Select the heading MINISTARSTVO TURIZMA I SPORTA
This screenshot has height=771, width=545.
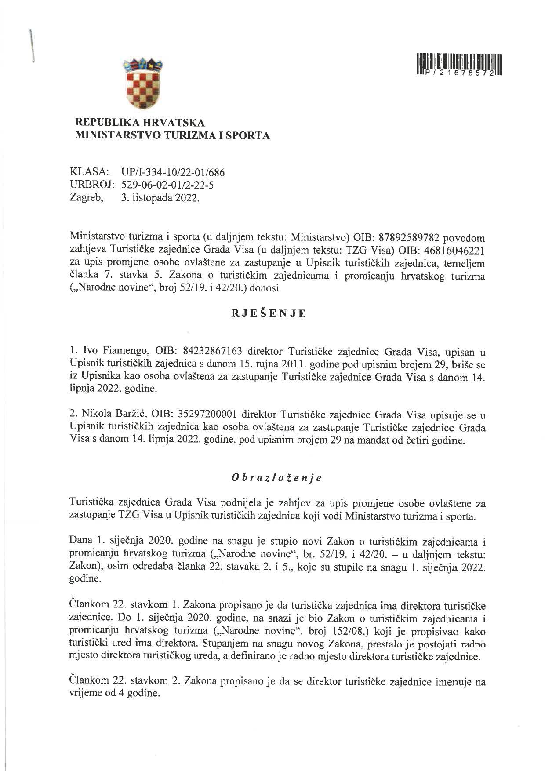point(173,136)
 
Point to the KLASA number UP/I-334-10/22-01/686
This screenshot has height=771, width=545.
point(173,172)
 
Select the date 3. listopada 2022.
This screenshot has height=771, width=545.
point(160,198)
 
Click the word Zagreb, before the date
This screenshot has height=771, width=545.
point(87,198)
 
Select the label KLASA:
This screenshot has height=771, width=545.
point(88,172)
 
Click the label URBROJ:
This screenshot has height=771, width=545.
point(91,185)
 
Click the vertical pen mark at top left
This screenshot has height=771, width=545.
point(32,46)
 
